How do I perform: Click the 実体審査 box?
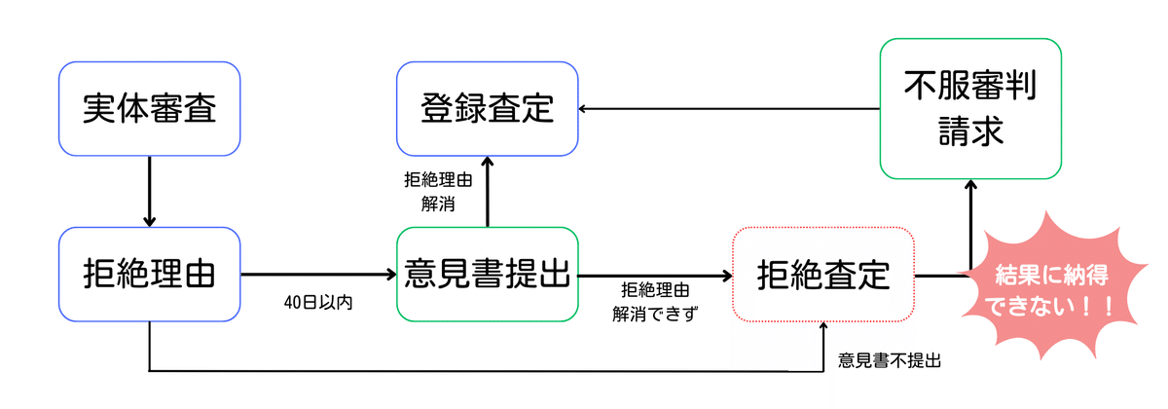pos(149,108)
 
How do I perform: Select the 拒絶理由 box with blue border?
pos(149,274)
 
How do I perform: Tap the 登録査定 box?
pos(487,108)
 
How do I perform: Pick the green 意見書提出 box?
pos(487,275)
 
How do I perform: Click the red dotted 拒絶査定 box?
pos(823,275)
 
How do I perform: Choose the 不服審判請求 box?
pos(969,108)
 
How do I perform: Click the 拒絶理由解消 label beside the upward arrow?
pos(434,192)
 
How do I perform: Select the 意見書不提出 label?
pos(890,360)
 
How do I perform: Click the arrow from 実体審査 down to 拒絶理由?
pos(149,190)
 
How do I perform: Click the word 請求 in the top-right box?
pos(969,133)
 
